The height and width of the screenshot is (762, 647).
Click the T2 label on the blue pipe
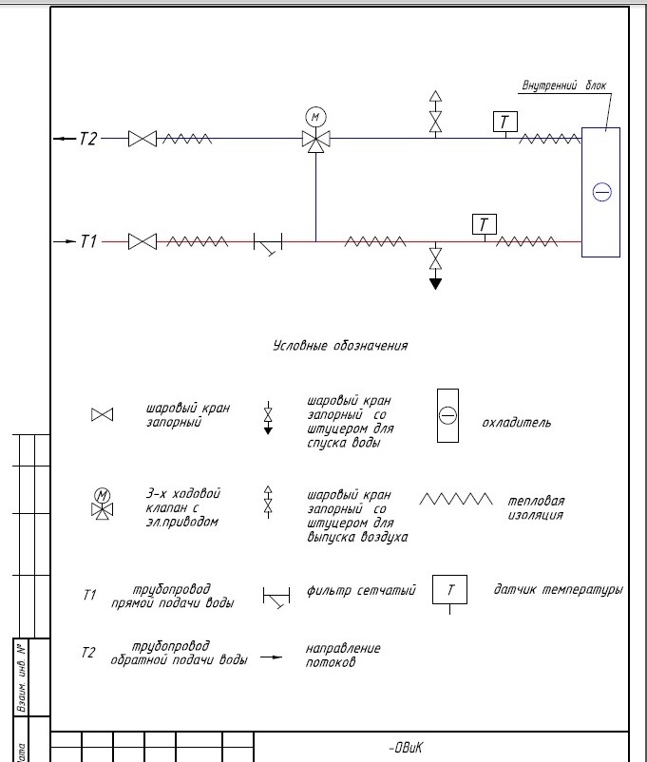pos(87,139)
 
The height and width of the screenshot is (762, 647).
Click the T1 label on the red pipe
pos(88,242)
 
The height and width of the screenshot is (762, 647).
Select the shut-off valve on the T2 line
pos(143,139)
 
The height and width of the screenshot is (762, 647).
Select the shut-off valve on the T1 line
pos(143,242)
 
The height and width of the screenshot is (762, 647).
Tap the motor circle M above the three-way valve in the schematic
pos(314,117)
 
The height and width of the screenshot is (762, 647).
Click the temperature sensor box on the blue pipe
pos(504,122)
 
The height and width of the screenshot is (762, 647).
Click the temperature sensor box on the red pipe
pos(485,224)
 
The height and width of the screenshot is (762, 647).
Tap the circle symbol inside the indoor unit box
pos(601,192)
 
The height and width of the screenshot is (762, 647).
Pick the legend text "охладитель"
pos(516,421)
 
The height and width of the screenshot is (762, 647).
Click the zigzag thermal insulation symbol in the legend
pos(457,499)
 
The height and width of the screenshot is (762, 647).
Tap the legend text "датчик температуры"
pos(558,590)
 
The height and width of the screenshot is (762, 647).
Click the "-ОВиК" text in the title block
pos(411,747)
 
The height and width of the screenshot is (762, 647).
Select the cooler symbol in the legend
pos(447,416)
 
